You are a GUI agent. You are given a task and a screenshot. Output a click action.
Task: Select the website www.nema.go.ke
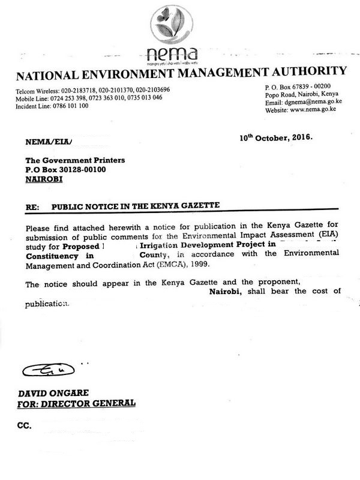click(x=310, y=110)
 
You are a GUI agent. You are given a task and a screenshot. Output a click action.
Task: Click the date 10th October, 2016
click(x=276, y=137)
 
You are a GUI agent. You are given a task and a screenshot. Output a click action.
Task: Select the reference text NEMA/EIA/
click(x=49, y=143)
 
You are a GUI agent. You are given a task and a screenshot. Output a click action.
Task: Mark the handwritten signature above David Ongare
click(x=48, y=368)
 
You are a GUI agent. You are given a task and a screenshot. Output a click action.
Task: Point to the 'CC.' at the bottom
click(x=25, y=427)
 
